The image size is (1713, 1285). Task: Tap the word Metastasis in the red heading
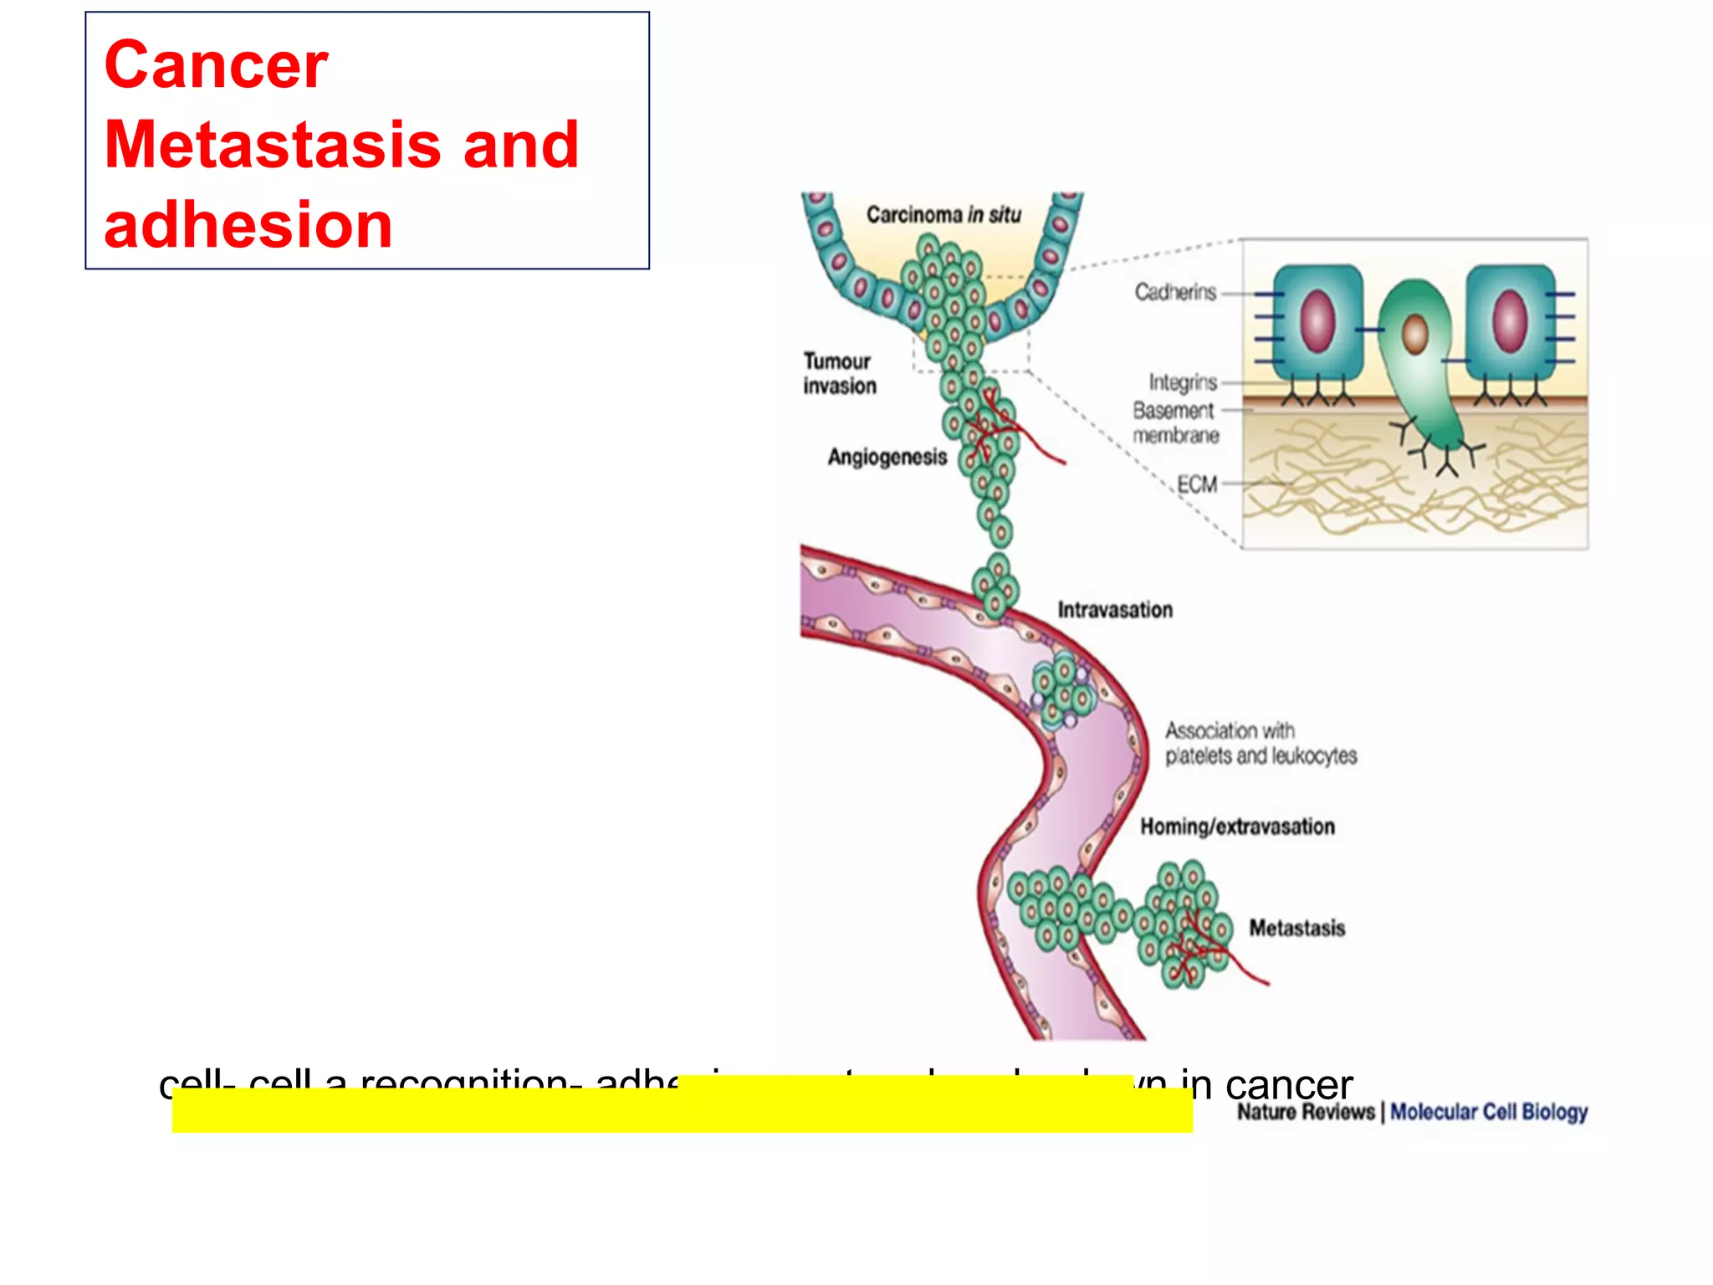pos(272,145)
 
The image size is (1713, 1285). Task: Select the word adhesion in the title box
pos(248,225)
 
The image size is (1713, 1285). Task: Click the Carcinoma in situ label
pos(943,215)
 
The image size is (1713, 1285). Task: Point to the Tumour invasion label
pos(839,373)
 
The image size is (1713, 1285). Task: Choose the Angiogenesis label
pos(887,457)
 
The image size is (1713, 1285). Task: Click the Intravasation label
pos(1114,610)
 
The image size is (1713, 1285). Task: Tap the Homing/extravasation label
pos(1237,827)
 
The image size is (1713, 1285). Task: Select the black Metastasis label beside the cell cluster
pos(1296,928)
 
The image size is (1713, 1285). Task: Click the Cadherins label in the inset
pos(1174,292)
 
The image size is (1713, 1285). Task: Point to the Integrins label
pos(1182,382)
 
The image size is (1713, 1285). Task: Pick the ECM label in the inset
pos(1197,484)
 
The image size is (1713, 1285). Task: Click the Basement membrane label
pos(1174,422)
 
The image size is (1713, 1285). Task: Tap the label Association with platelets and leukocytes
pos(1260,743)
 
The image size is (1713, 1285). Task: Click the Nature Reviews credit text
pos(1305,1112)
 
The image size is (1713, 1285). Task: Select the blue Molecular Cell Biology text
pos(1489,1112)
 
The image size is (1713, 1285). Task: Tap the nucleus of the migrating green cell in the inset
pos(1414,334)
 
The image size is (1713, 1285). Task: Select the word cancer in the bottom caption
pos(1288,1085)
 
